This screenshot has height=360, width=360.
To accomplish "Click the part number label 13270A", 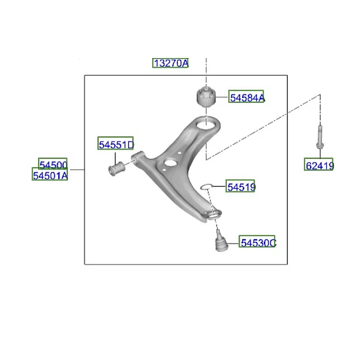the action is click(x=171, y=63).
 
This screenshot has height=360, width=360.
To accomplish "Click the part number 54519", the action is click(x=241, y=186).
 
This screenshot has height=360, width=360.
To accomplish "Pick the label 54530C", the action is click(x=258, y=242).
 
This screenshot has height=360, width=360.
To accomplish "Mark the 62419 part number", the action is click(x=319, y=165).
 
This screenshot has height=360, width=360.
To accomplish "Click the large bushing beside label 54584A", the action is click(x=206, y=97).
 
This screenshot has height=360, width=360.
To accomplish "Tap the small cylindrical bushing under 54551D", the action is click(x=117, y=169).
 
